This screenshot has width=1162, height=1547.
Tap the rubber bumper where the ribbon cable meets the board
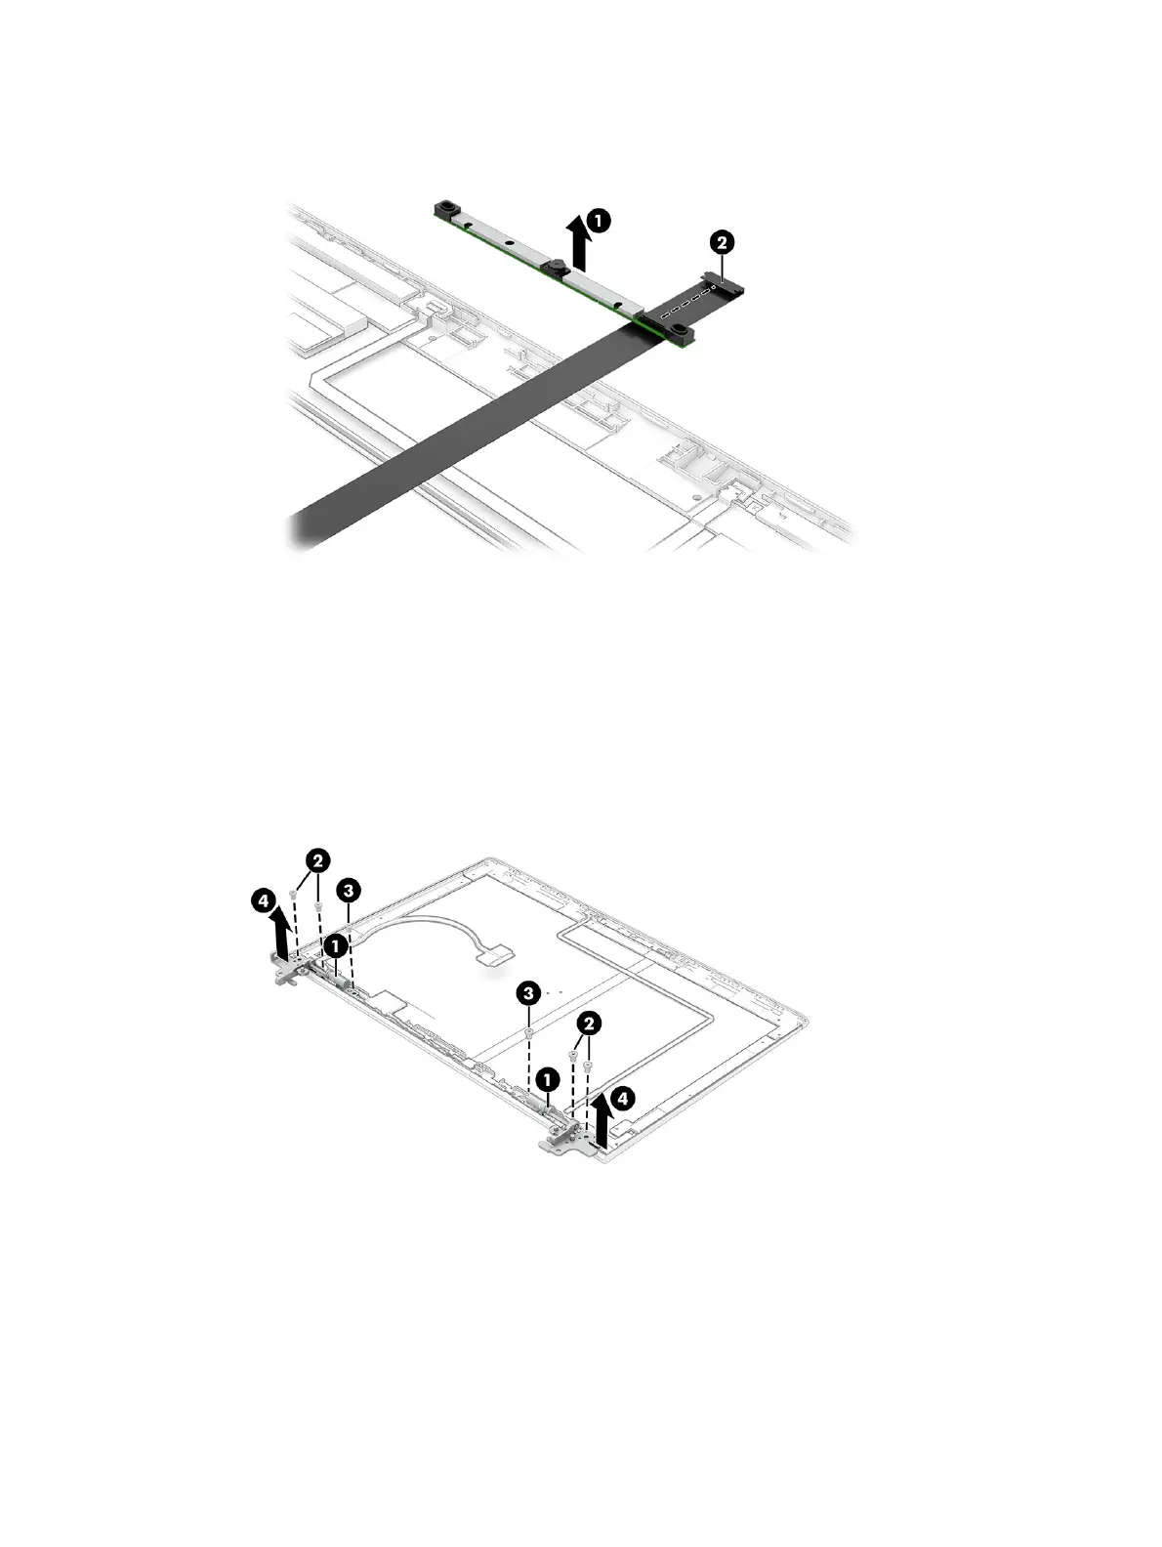point(678,335)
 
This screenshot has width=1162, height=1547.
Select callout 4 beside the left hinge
point(262,902)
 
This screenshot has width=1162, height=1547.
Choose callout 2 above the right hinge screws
point(588,1023)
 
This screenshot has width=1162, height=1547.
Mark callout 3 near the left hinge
point(347,890)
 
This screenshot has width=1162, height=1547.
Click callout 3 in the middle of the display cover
point(528,994)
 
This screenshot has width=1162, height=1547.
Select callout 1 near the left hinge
point(335,945)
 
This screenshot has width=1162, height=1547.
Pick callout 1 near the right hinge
point(548,1079)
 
